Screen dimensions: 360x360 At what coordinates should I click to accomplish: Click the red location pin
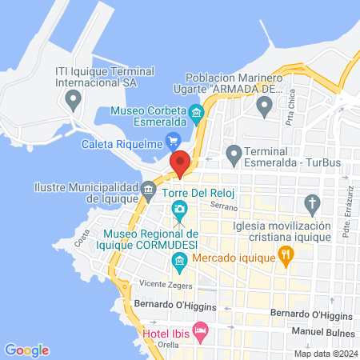point(180,162)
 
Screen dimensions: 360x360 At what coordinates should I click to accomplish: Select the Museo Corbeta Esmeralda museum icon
point(197,110)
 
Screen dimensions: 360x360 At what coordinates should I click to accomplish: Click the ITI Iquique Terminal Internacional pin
point(74,101)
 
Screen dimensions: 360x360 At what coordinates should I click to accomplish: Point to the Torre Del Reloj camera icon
point(180,210)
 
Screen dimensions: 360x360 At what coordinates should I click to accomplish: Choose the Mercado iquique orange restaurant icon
point(286,255)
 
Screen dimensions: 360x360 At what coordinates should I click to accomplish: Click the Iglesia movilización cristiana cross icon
point(314,202)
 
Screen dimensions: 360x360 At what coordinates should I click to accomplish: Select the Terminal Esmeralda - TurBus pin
point(234,152)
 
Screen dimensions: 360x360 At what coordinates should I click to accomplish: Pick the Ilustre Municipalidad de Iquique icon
point(149,189)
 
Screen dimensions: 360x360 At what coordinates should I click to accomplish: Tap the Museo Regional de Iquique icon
point(179,260)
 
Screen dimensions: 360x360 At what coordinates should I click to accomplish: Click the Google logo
point(26,350)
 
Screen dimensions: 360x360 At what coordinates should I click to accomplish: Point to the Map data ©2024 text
point(325,354)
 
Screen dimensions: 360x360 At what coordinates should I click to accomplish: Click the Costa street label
point(81,238)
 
